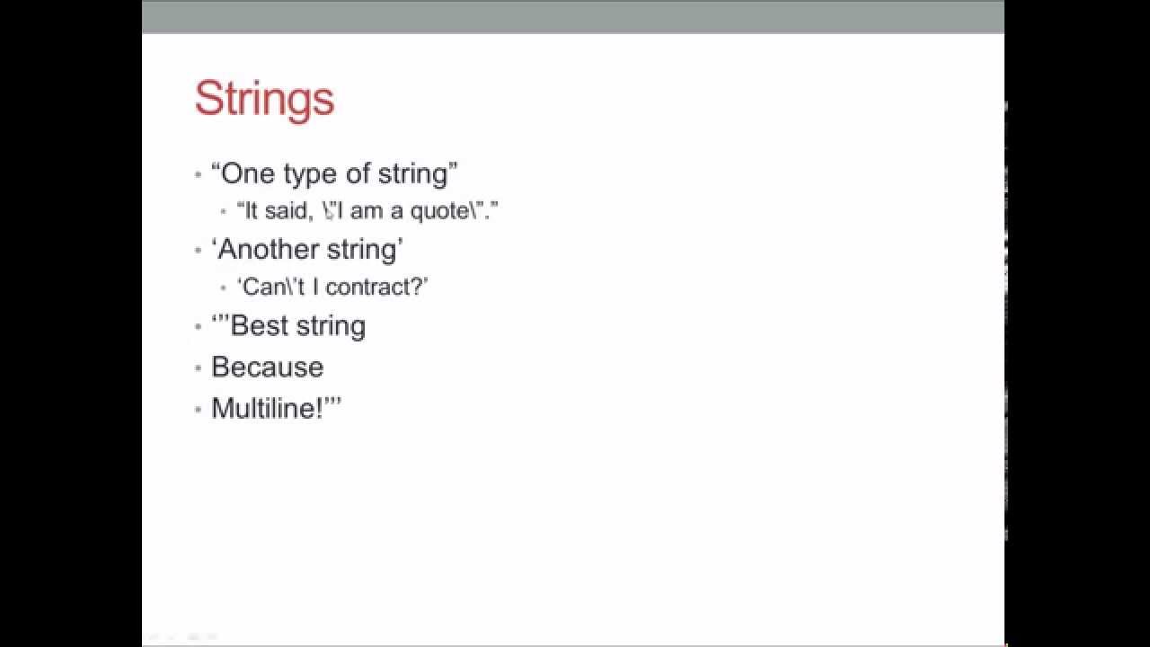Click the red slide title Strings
264,99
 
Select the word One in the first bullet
247,173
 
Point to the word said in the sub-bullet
286,211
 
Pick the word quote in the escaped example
439,212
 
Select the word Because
267,367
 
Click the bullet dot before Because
199,368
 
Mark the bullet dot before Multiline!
199,410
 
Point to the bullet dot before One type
199,174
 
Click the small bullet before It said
224,213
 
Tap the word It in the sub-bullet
251,211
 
